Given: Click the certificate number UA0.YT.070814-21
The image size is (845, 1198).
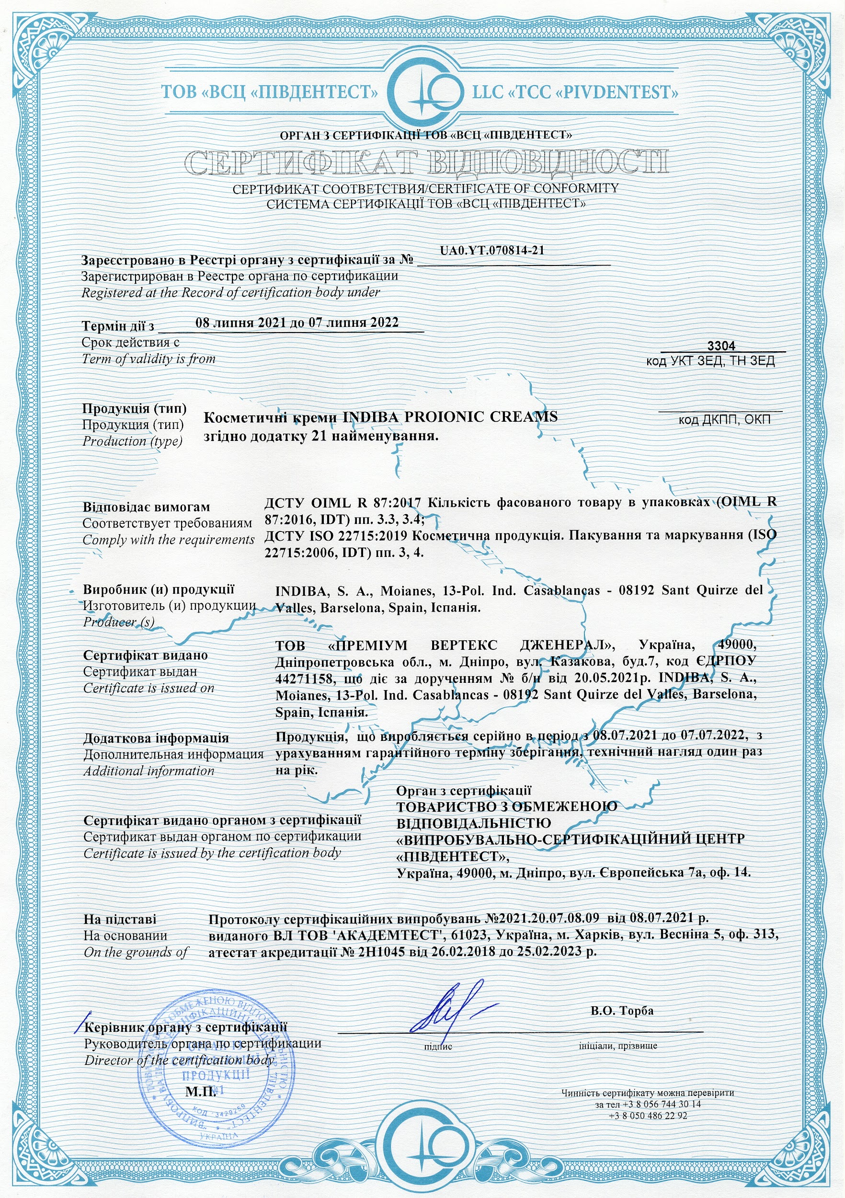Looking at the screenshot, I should tap(492, 251).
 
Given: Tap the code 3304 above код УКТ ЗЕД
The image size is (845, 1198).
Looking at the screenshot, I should tap(721, 346).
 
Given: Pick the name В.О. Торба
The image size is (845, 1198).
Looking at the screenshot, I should tap(622, 1011).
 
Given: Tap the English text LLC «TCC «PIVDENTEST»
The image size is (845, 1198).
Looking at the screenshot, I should tap(575, 93).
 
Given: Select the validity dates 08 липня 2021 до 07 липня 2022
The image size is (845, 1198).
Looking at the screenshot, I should tap(297, 323).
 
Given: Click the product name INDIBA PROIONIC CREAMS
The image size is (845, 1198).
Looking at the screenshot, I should tap(450, 417).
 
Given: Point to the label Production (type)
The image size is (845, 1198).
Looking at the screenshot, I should tap(133, 441).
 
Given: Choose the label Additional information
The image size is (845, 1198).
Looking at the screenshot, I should tap(148, 771).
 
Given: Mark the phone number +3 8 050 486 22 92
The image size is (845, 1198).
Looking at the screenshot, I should tap(648, 1116).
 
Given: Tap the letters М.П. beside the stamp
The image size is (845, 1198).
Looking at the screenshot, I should tap(201, 1092).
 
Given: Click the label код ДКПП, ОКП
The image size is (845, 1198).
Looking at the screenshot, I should tap(724, 419).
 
